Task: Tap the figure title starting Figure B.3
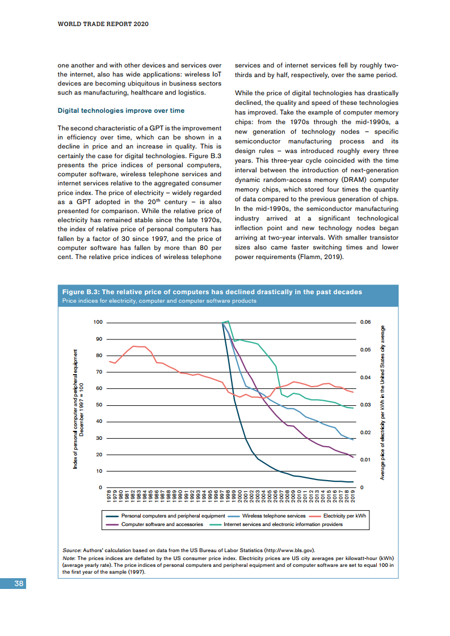tap(212, 292)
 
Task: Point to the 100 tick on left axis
tap(98, 322)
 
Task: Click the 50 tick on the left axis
tap(99, 405)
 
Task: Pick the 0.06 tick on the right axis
tap(365, 322)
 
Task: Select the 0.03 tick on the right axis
tap(365, 405)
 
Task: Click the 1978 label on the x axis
tap(109, 496)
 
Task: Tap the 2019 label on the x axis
tap(352, 496)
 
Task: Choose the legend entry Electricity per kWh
tap(344, 516)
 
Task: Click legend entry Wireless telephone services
tap(274, 516)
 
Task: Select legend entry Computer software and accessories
tap(162, 524)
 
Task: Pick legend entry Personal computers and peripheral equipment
tap(173, 516)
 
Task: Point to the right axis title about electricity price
tap(383, 403)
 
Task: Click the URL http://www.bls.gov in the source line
tap(289, 550)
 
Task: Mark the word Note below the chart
tap(68, 558)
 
